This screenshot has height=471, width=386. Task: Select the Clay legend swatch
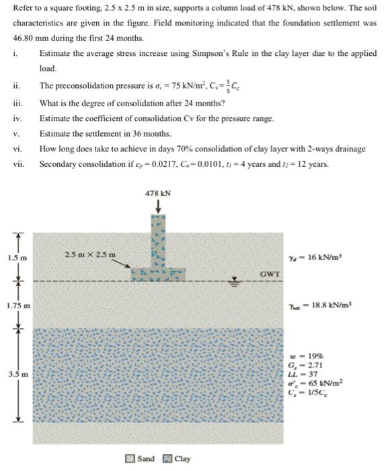pyautogui.click(x=167, y=459)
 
